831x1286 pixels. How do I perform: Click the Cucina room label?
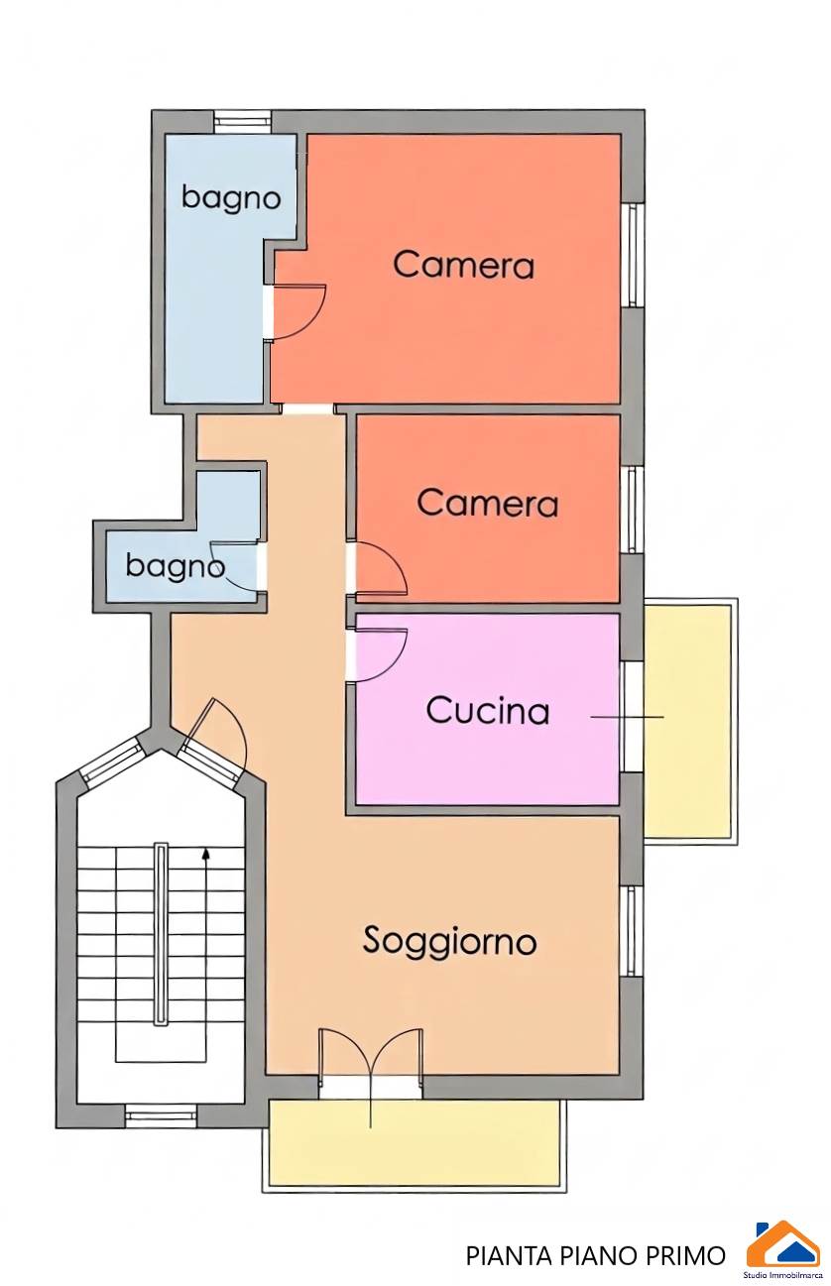[488, 710]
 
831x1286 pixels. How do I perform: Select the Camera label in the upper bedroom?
[463, 266]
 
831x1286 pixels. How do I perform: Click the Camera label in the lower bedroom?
[487, 503]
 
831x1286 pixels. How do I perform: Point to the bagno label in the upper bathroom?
[231, 198]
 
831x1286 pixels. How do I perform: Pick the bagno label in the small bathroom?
[175, 566]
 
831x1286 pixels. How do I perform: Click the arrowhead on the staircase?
[205, 854]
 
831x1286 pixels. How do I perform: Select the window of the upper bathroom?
[242, 122]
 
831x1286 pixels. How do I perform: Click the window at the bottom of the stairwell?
[161, 1115]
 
